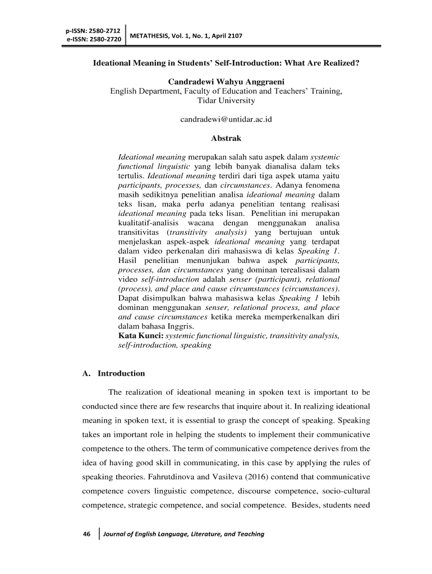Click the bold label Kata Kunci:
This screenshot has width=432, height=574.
click(x=140, y=336)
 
